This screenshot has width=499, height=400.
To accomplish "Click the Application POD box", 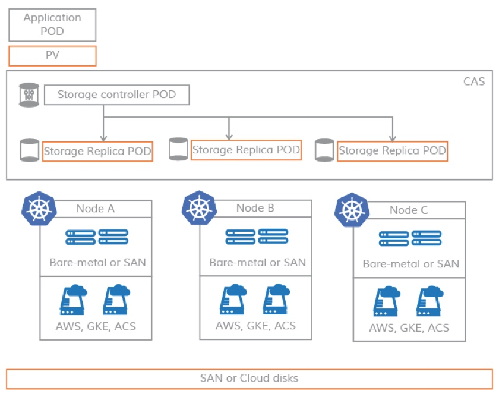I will pos(52,24).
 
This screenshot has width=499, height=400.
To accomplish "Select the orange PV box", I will pos(52,56).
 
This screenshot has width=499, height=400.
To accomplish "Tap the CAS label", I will pos(473,81).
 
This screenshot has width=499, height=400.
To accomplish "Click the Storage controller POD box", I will pos(116,95).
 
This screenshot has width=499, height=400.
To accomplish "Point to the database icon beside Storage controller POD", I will pos(29,95).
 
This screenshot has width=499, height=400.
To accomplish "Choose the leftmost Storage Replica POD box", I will pos(97,152).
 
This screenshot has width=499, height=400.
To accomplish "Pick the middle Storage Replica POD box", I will pos(246,150).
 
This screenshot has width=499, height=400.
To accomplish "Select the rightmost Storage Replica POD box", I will pos(392,151).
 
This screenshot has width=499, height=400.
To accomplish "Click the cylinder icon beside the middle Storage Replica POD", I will pos(178,149).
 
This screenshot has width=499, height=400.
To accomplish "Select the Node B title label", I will pos(255,208).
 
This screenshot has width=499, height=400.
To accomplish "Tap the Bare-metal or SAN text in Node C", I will pos(410,264).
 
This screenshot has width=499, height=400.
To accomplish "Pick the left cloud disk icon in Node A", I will pos(74,300).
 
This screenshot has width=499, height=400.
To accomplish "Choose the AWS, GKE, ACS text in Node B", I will pos(255,326).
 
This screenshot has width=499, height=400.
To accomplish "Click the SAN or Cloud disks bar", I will pos(249,379).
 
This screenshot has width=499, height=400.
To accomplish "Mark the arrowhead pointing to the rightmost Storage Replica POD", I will pos(393,137).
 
